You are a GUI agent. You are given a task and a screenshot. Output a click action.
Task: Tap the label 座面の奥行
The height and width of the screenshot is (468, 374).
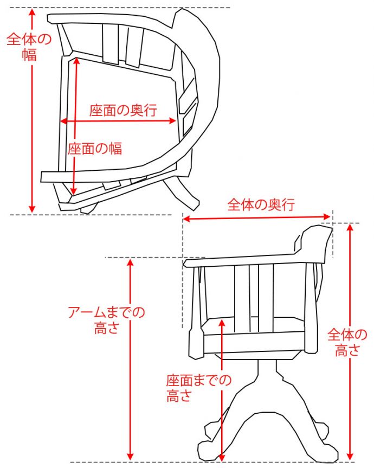(123, 110)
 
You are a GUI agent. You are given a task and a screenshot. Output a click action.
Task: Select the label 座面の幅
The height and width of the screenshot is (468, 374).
(95, 149)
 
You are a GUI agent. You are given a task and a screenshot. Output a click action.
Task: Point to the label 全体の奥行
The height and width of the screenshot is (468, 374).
(261, 205)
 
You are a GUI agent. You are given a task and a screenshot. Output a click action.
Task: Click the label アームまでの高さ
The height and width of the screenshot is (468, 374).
(106, 320)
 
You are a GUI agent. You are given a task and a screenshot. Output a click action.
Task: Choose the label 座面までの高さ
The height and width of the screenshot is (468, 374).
(199, 388)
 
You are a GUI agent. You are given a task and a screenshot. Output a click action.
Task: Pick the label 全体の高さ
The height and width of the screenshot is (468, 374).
(347, 342)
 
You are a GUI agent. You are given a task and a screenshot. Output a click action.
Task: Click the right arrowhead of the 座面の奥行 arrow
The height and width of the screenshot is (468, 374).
(173, 120)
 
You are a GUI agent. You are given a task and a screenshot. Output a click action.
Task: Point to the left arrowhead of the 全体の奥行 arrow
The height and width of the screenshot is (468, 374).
(185, 219)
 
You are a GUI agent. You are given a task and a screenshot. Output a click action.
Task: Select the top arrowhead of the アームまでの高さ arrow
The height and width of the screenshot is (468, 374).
(130, 262)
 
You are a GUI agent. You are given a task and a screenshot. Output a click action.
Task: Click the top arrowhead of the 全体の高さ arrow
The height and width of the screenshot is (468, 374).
(350, 227)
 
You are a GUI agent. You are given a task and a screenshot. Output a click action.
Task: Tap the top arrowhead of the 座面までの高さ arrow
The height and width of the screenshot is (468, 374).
(221, 322)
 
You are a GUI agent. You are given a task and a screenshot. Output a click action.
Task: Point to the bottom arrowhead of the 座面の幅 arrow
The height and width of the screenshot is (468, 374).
(73, 191)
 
